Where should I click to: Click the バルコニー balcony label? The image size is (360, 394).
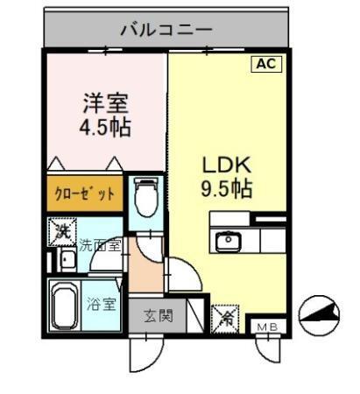(x=166, y=30)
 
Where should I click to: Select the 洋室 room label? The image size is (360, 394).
(x=105, y=102)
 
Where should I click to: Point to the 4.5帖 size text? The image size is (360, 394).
(x=105, y=128)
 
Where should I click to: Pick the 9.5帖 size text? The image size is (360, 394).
(x=228, y=189)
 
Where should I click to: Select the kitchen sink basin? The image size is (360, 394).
(x=226, y=239)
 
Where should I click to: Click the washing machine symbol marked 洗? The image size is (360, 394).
(x=60, y=232)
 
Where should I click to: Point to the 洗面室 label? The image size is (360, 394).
(x=99, y=246)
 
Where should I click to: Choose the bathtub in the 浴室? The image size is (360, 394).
(x=62, y=306)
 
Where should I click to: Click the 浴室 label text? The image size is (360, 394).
(x=101, y=305)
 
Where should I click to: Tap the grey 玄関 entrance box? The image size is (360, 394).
(x=158, y=316)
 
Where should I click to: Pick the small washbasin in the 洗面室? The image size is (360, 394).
(x=66, y=258)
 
